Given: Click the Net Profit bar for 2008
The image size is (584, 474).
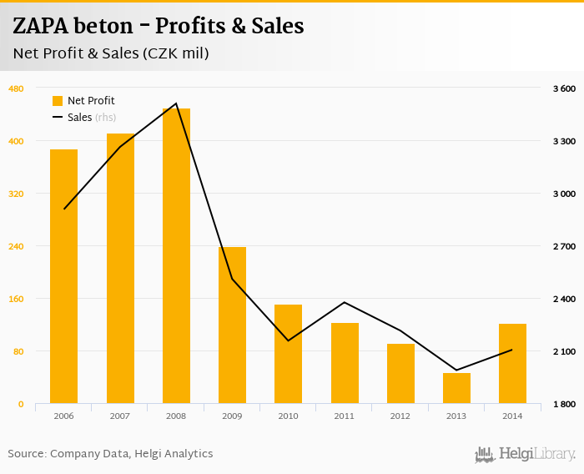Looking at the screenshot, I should point(176,256).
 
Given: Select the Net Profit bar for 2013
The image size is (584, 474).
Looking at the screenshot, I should point(456,388).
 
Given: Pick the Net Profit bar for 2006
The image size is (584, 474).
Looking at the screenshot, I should point(63,276).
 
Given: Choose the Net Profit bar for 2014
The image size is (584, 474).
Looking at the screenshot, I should point(512,363).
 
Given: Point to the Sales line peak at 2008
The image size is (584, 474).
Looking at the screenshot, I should point(176,103).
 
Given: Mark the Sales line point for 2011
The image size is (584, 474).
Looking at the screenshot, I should point(344,302).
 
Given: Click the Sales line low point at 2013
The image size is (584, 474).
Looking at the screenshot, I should point(456,370).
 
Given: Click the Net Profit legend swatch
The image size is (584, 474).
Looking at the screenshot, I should point(58,101).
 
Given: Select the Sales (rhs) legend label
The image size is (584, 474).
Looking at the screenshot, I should point(92,118).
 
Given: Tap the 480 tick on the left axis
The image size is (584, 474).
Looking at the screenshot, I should point(16,88).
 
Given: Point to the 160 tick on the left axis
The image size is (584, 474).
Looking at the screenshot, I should point(16,299).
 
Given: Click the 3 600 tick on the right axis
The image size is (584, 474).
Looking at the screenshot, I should point(564,88).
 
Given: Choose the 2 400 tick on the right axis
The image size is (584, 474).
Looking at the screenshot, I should point(564,299).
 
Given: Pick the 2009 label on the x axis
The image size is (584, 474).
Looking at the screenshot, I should point(232,416).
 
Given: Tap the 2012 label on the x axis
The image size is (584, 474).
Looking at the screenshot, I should point(400,416).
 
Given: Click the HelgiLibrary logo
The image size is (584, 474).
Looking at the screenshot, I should point(525,454).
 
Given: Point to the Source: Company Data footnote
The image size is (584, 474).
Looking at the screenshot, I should point(110,454).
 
